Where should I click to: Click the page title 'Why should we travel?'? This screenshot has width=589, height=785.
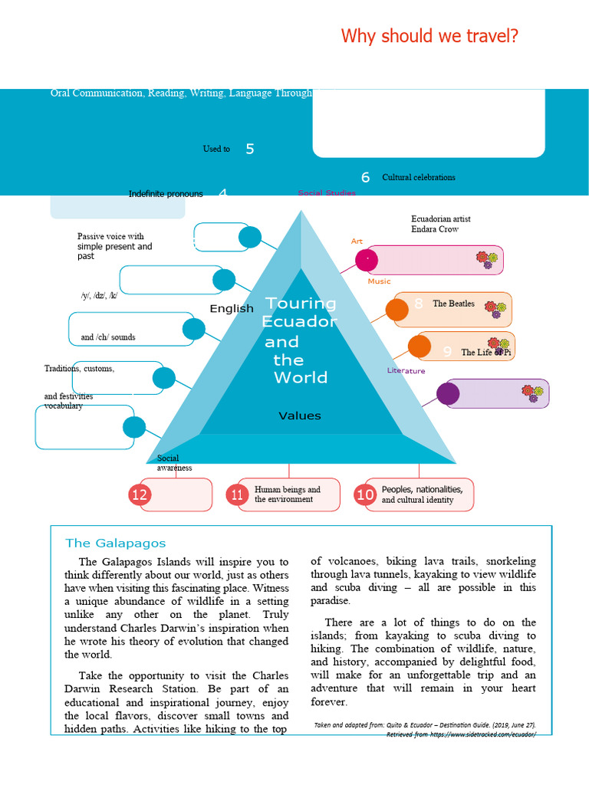point(429,36)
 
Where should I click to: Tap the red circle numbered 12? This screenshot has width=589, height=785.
point(139,495)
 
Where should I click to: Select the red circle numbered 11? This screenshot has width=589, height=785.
point(237,495)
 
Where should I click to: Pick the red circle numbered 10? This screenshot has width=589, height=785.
point(365,495)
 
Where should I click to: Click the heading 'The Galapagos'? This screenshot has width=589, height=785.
point(115,543)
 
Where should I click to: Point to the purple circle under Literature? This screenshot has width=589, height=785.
point(447,393)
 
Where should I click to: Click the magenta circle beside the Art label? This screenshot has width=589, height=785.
point(367,260)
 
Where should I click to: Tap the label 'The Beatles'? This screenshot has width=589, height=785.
point(453,304)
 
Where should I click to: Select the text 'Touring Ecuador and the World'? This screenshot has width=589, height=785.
point(299,340)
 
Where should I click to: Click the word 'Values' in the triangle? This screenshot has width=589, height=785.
point(299,415)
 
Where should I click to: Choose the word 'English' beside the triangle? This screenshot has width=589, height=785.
point(232,308)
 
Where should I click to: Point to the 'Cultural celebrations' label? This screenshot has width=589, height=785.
point(418,177)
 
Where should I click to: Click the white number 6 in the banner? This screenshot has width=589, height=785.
point(365,177)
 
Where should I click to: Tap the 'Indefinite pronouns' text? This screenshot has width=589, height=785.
point(166,194)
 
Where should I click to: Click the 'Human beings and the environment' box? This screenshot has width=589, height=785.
point(288,494)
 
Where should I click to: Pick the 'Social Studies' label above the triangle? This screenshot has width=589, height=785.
point(327,193)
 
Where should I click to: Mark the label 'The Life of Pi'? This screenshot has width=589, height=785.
point(485,353)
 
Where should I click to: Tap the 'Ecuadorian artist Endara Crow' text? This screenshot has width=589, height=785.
point(441,224)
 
